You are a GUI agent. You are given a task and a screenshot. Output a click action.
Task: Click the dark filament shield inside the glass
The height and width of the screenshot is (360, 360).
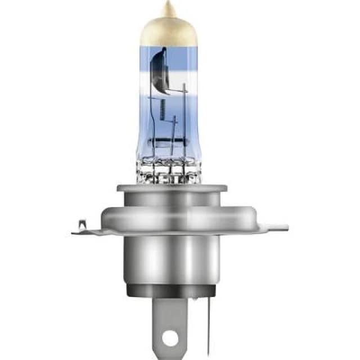click(x=160, y=70)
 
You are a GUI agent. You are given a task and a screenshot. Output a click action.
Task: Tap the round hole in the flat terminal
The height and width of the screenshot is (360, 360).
click(x=168, y=339)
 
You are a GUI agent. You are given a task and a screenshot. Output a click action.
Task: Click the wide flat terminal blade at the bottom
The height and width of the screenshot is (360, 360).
click(x=168, y=321)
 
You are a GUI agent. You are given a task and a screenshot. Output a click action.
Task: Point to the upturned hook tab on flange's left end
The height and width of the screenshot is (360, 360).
click(x=82, y=225)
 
